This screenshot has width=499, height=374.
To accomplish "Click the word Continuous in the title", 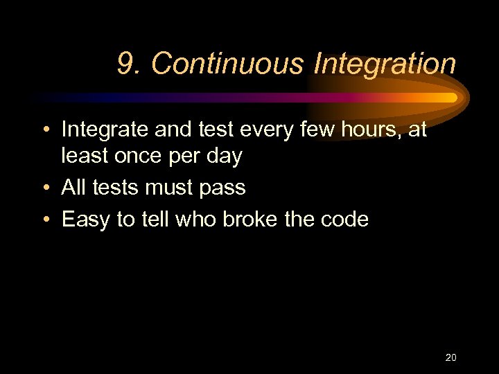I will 227,64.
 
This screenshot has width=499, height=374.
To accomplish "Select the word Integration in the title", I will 385,64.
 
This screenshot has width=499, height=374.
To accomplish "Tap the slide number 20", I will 450,357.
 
